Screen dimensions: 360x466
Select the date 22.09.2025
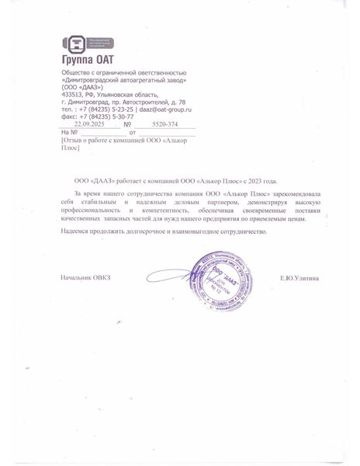pyautogui.click(x=89, y=123)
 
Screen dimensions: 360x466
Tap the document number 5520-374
pyautogui.click(x=164, y=123)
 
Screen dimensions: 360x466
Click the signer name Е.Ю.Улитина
pyautogui.click(x=299, y=278)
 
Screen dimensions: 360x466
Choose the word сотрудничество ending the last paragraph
pyautogui.click(x=243, y=231)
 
